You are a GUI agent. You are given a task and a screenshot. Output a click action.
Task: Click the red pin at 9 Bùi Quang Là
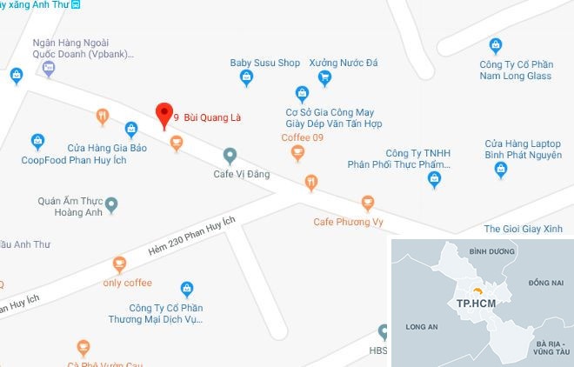click(162, 114)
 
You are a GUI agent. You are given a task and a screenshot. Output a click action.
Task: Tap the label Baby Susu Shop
click(264, 63)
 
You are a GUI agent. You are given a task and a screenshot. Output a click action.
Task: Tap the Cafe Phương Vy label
click(349, 222)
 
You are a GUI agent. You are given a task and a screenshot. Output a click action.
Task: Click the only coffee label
click(127, 283)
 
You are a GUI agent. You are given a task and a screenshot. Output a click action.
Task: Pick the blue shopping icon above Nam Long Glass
click(496, 45)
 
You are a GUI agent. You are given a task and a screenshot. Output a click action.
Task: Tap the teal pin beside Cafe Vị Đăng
click(230, 156)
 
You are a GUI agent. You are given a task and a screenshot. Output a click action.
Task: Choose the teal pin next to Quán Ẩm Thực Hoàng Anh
click(111, 204)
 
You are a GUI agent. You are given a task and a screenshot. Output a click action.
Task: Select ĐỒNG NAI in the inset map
click(545, 283)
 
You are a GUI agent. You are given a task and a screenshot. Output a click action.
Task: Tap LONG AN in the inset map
click(421, 327)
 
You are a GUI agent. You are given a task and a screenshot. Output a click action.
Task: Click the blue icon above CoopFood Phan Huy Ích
click(37, 140)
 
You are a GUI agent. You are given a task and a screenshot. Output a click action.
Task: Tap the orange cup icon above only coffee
click(119, 264)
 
